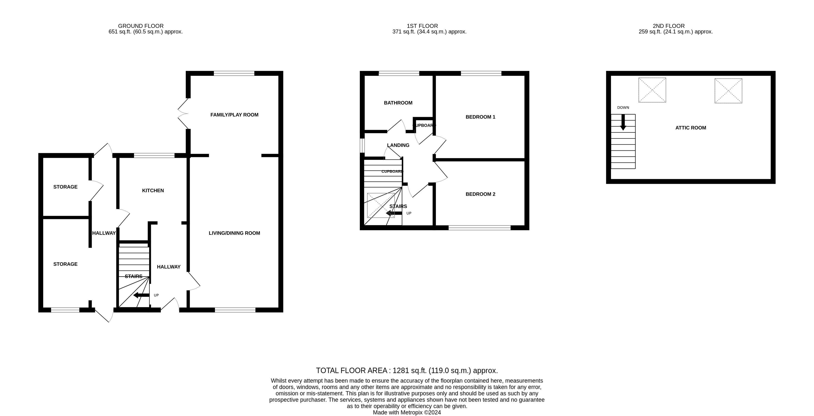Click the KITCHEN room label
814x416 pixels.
click(153, 190)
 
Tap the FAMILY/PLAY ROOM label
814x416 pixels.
click(234, 115)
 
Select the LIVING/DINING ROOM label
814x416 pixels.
click(234, 233)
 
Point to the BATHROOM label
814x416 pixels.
click(398, 103)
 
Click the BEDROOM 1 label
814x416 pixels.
click(480, 117)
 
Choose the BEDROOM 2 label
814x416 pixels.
click(480, 194)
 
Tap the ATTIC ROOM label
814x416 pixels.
click(691, 128)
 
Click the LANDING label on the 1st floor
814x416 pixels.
click(398, 145)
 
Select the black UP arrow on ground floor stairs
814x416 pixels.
click(141, 295)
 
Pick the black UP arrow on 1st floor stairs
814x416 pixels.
click(394, 213)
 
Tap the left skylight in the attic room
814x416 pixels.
click(652, 90)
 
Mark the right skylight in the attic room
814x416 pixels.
click(728, 91)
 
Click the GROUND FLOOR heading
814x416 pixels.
click(141, 26)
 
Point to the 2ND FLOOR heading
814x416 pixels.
click(669, 26)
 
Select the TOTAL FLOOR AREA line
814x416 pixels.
click(407, 370)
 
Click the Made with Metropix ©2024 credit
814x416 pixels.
click(407, 413)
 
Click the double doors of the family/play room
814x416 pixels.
click(183, 114)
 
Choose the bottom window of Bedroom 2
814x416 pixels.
click(479, 228)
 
